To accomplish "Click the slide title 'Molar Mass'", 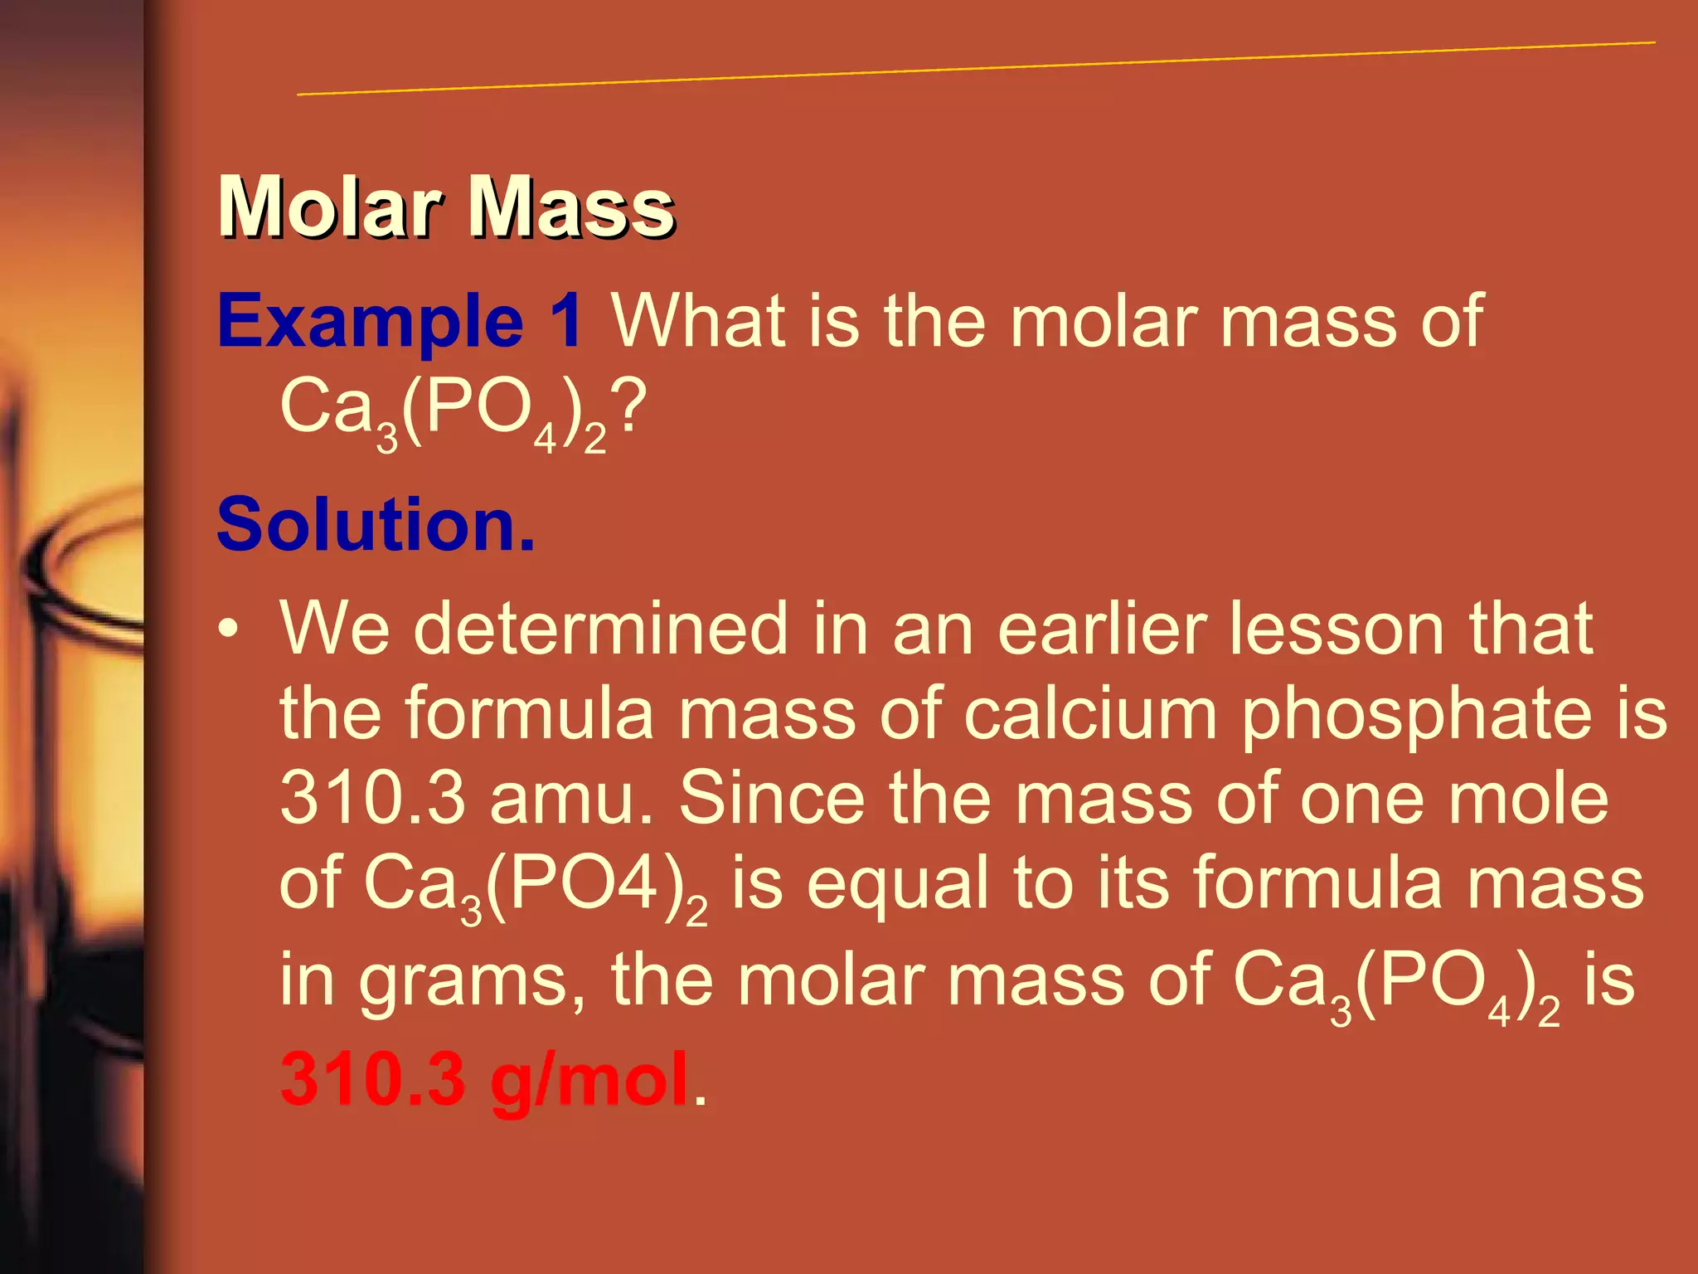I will point(446,207).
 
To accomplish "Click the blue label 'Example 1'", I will point(400,322).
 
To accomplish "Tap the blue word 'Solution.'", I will point(376,524).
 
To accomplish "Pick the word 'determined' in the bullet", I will point(600,629).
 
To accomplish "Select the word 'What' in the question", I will point(698,322).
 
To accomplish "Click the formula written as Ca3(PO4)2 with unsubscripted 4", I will point(535,887).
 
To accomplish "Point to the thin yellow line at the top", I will point(976,68).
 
